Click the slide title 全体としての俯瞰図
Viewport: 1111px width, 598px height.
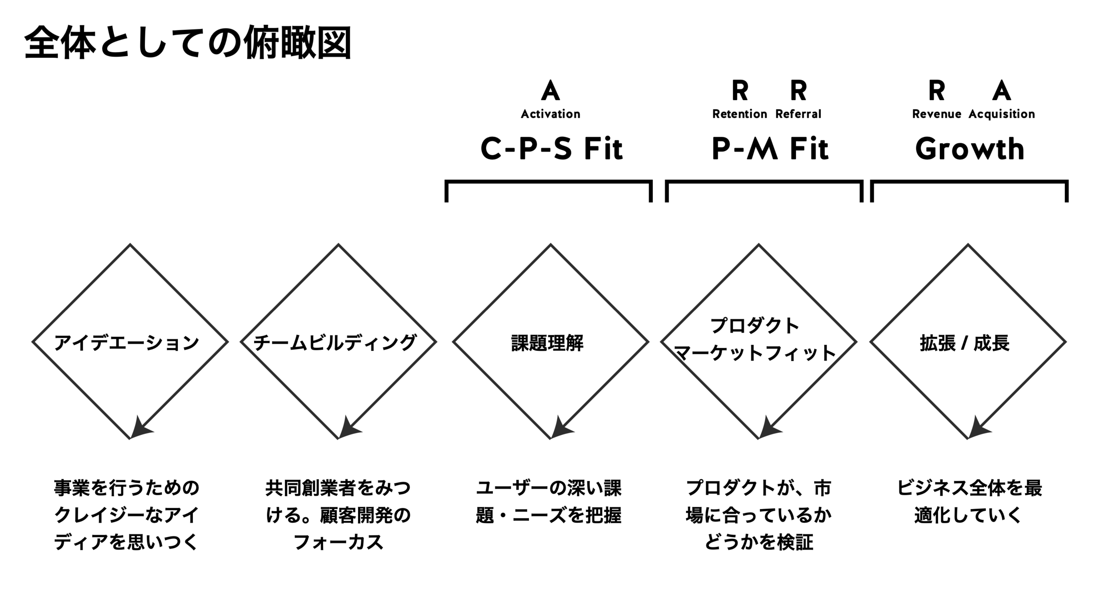pos(188,43)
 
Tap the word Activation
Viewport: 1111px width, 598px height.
pos(550,114)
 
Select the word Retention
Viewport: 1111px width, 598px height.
pos(739,114)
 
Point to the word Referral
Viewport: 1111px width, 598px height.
pos(798,114)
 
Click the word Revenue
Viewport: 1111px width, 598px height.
pos(936,114)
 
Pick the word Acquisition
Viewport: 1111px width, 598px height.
pos(1001,114)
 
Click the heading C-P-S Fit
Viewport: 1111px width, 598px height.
pos(552,148)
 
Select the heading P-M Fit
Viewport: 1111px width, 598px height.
pos(770,148)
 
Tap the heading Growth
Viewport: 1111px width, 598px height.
pos(970,148)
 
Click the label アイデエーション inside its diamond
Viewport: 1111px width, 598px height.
pos(127,343)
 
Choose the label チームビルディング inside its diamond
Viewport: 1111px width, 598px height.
pos(335,343)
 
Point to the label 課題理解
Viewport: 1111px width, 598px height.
pos(547,343)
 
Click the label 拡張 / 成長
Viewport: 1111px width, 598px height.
pos(965,343)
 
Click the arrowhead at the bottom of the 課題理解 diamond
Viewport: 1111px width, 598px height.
pos(559,429)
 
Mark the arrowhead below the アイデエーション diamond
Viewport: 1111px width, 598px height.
pos(139,429)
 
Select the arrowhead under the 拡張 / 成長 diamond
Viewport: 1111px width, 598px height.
pos(977,429)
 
